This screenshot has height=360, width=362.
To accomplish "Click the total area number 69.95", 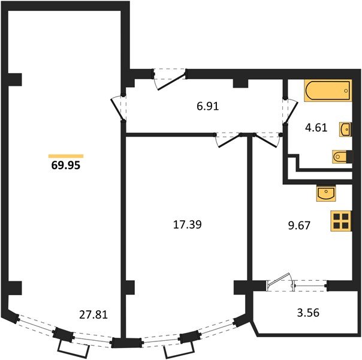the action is pos(66,166).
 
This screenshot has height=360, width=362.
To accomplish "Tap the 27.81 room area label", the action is pos(93,315).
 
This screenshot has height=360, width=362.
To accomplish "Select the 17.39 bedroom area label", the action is pos(187,224).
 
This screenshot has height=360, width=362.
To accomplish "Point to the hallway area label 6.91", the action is pos(208,107).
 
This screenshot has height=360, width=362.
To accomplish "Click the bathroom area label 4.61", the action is pos(316,128).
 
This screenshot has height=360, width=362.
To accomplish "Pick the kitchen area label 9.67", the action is pos(299,226).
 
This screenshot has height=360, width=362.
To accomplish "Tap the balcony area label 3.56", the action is pos(308,313).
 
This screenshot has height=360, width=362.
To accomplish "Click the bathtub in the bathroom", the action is pos(328,91).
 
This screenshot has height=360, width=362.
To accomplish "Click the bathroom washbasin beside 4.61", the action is pos(346,130).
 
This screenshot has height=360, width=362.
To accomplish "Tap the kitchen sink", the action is pos(326,193).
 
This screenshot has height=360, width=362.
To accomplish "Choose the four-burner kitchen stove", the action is pos(341,221).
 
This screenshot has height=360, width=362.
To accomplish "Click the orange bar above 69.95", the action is pos(66,156).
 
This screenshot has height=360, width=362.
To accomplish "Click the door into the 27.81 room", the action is pos(118,109).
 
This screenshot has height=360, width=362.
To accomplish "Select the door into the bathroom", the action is pos(291,111).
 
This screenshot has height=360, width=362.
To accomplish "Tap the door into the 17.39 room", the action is pos(228,140).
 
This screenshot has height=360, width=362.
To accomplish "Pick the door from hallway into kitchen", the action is pos(266,140).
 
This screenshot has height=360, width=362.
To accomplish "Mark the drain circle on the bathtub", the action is pos(346,91).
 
